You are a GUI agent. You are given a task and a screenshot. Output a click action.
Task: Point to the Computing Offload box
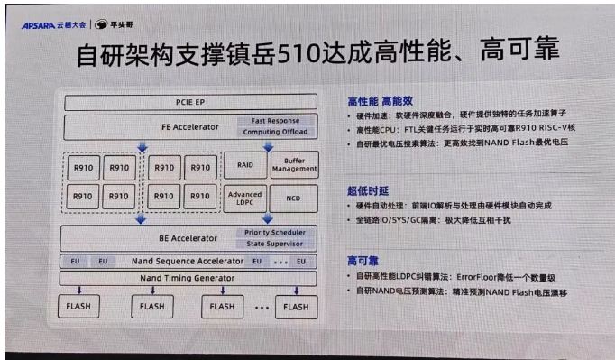click(x=275, y=133)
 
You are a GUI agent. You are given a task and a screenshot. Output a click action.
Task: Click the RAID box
click(x=244, y=167)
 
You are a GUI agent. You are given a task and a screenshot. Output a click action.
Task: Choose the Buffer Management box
click(x=294, y=166)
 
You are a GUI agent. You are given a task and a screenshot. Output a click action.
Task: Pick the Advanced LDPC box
click(x=245, y=197)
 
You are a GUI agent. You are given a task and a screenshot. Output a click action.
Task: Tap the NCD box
click(x=294, y=197)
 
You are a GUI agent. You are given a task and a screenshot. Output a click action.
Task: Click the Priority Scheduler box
click(x=275, y=233)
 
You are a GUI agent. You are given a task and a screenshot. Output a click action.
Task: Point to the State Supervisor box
click(x=275, y=244)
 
